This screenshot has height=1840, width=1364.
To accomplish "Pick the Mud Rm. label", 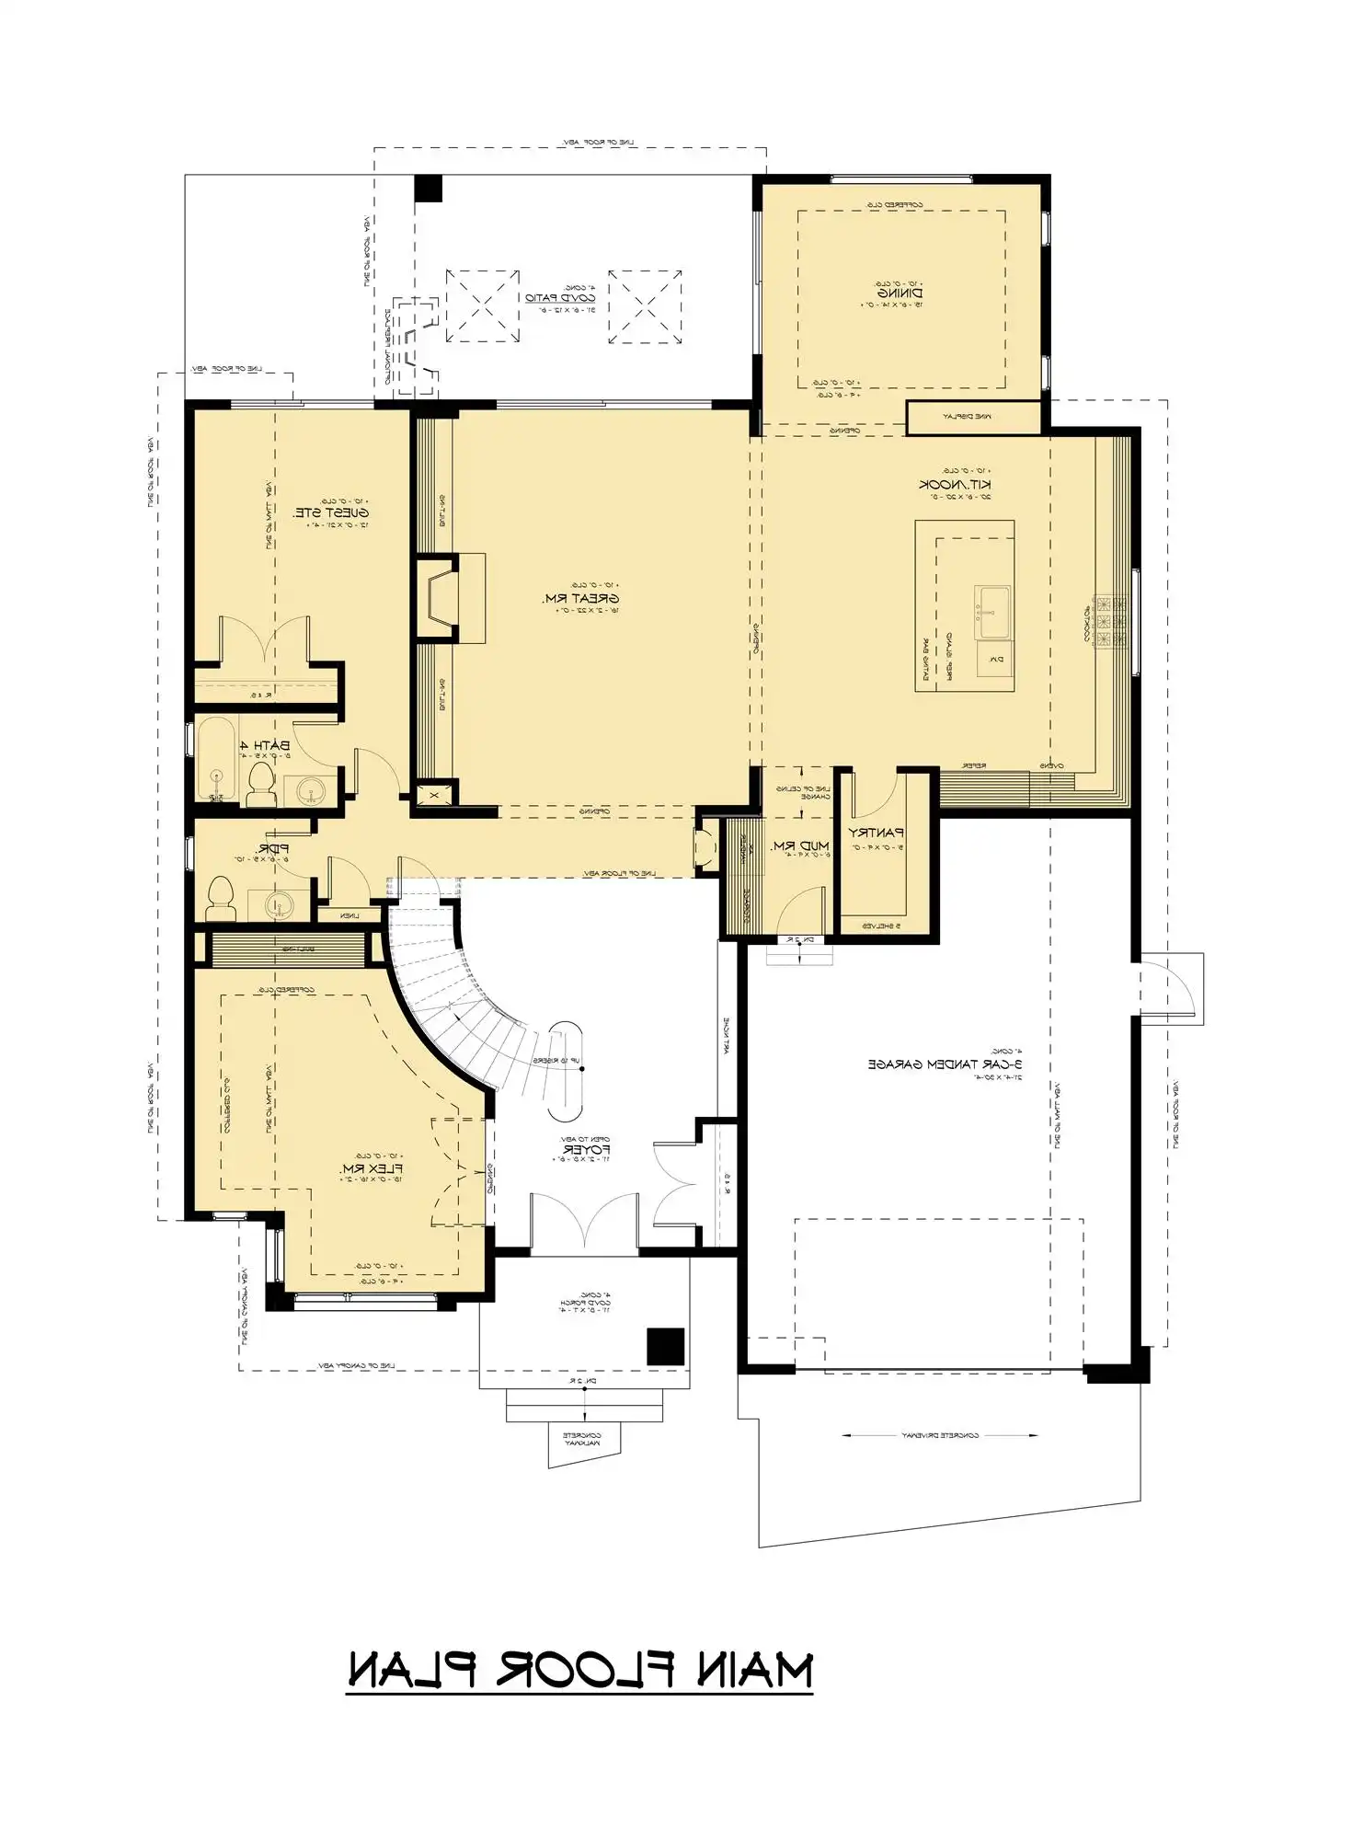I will point(800,845).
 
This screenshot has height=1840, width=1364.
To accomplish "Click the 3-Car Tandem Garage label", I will point(946,1064).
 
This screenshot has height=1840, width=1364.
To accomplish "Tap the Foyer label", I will point(586,1150).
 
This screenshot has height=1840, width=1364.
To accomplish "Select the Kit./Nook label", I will point(956,484).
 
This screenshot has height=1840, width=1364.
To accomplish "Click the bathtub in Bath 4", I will point(218,758).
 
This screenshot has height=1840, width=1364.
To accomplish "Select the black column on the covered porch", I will point(665,1347).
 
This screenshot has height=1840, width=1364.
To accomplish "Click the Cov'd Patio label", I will point(560,298).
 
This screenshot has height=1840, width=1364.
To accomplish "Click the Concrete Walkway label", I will point(581,1439).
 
